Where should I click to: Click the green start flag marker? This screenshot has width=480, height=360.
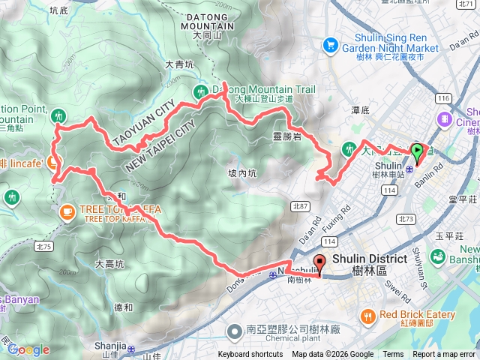[417, 154]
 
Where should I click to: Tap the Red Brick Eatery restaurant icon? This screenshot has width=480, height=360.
[367, 316]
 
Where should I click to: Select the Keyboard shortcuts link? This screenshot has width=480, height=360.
[250, 355]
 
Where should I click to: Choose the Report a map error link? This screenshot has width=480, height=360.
[445, 355]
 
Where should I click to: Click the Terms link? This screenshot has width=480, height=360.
[393, 355]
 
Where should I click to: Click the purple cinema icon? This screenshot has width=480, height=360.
[445, 118]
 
